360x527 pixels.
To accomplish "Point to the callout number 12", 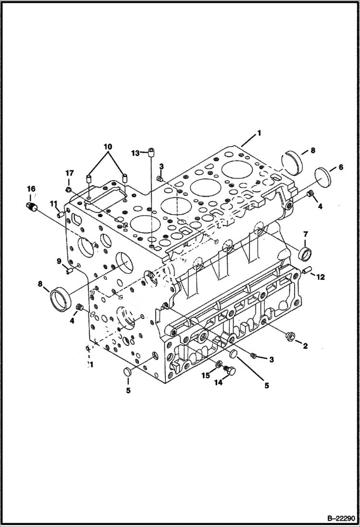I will point(321,276).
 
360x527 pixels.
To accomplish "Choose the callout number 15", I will point(206,376).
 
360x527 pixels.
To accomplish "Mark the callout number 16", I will point(31,189).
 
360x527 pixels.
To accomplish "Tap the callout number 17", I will point(70,173).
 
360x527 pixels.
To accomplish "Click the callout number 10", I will point(107,146).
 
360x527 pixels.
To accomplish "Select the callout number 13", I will point(136,153).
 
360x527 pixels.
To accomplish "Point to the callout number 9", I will point(59,261).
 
